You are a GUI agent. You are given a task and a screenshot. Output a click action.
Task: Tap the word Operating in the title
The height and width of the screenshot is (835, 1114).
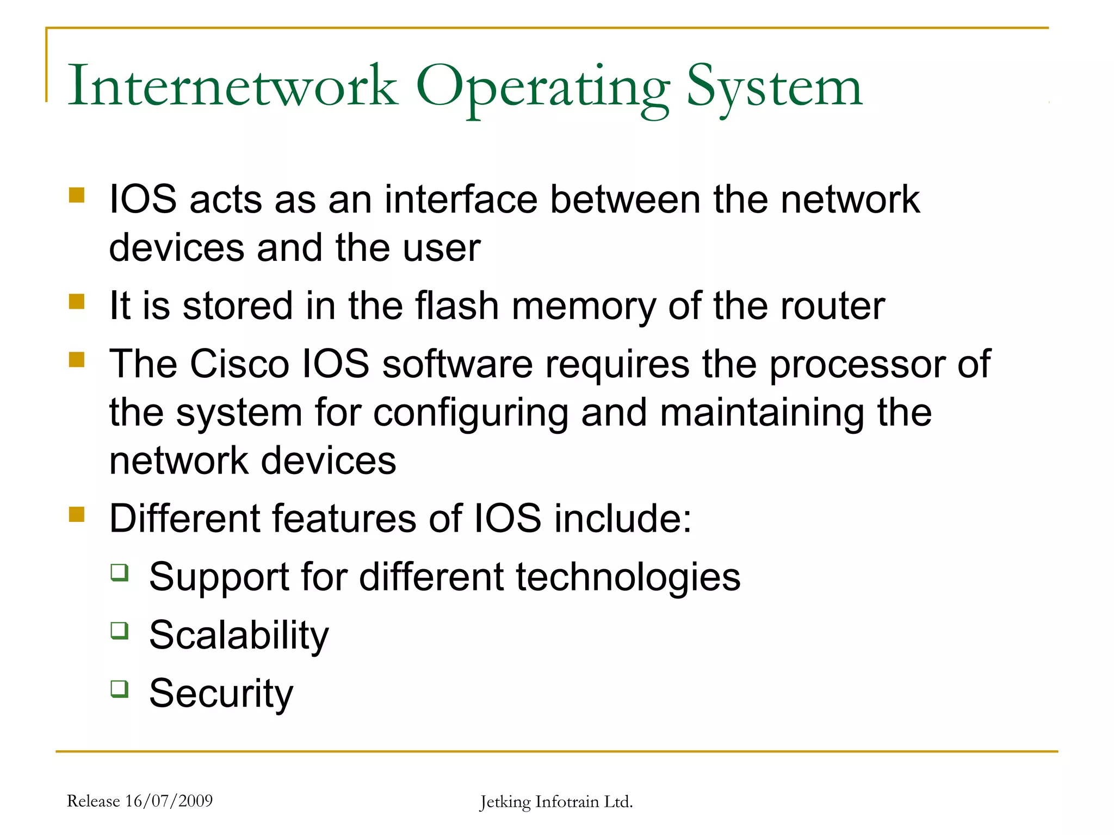click(x=543, y=87)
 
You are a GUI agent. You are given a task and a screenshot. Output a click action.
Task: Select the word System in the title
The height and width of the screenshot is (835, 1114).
click(x=775, y=87)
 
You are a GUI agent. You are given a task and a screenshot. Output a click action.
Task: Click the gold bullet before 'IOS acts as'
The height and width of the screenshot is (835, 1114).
click(x=77, y=195)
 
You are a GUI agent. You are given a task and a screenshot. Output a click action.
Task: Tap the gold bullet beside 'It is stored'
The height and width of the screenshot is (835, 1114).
click(x=77, y=301)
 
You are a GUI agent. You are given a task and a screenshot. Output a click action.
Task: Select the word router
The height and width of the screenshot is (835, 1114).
click(x=833, y=306)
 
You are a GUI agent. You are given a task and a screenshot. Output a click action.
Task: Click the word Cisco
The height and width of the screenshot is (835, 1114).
click(x=239, y=364)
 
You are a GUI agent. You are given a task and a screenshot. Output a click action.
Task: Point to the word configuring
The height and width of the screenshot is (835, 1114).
click(x=471, y=414)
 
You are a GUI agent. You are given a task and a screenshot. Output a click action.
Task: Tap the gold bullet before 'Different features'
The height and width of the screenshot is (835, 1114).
click(x=77, y=514)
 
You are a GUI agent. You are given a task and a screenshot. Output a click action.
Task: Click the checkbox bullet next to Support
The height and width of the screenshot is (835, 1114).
click(x=120, y=572)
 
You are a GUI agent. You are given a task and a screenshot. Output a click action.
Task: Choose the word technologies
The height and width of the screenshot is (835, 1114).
click(x=628, y=578)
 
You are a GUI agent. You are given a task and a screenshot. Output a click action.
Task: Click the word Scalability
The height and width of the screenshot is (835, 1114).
click(x=239, y=635)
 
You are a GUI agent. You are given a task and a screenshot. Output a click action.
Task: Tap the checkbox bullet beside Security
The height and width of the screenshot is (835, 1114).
click(x=120, y=689)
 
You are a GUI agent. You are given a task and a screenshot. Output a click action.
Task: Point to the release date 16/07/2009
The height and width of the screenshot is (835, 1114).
click(x=169, y=801)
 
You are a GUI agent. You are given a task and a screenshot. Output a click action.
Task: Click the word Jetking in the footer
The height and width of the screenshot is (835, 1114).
click(x=505, y=802)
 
